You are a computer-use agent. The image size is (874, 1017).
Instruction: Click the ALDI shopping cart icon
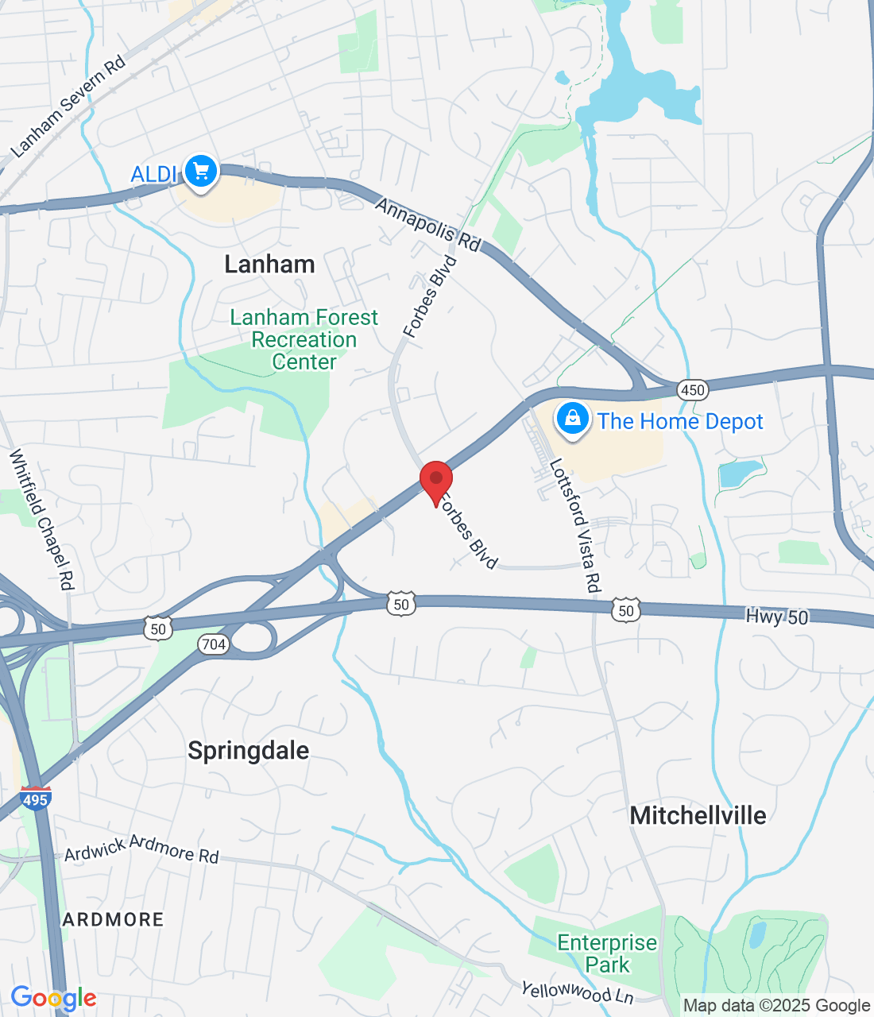point(201,171)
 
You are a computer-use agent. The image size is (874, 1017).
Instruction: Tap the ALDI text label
point(154,174)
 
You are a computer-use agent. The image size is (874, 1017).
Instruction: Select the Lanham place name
point(269,265)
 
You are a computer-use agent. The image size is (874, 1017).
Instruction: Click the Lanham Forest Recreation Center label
point(304,340)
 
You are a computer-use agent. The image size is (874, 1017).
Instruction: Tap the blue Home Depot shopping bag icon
point(572,419)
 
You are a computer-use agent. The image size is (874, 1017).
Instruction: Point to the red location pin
point(436,480)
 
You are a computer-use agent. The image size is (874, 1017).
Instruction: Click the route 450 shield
point(693,389)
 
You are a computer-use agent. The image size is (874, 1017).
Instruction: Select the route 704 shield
point(214,644)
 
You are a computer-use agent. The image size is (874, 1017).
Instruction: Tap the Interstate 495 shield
point(36,799)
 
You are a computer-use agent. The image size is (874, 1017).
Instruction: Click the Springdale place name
point(249,751)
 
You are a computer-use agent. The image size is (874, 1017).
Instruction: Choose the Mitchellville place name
point(698,815)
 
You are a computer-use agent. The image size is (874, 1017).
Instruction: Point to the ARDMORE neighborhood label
point(114,920)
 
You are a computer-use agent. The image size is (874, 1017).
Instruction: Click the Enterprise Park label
point(607,953)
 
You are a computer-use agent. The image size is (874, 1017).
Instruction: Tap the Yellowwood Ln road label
point(577,992)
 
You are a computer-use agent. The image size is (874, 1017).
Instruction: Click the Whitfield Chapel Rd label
point(41,520)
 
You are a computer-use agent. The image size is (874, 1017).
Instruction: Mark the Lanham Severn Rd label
point(68,106)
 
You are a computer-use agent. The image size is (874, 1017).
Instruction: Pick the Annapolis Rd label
point(428,225)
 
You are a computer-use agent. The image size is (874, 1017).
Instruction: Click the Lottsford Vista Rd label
point(574,526)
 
